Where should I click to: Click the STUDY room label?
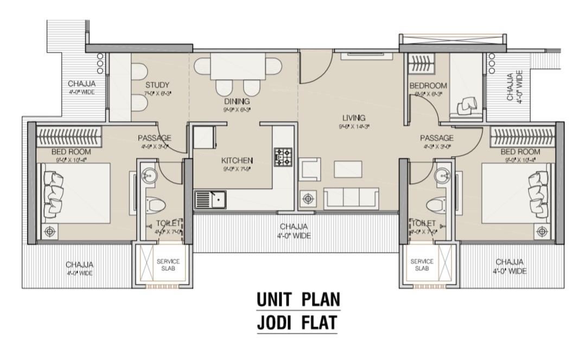(x=157, y=85)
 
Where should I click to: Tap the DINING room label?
(x=237, y=101)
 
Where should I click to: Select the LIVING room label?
(x=353, y=118)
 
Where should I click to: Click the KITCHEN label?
(x=237, y=160)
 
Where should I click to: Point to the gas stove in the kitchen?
(x=283, y=157)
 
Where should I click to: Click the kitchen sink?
(x=211, y=200)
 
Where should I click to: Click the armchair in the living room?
(x=311, y=168)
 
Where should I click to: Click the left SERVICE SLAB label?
(x=168, y=265)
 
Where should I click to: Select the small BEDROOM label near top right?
(x=428, y=86)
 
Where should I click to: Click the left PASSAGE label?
(x=154, y=138)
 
